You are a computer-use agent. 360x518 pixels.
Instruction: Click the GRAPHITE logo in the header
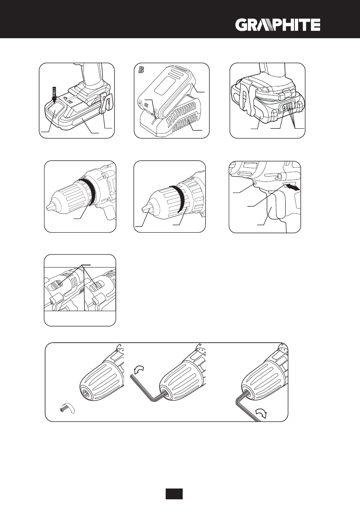click(278, 25)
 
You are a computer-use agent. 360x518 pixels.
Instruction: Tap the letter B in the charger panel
click(141, 70)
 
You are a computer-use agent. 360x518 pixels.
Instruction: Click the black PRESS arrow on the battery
click(54, 95)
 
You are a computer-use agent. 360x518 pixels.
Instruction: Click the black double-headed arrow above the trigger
click(292, 187)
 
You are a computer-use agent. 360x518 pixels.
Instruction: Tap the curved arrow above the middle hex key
click(139, 369)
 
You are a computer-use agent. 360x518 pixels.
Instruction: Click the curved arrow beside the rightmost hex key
click(261, 412)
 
